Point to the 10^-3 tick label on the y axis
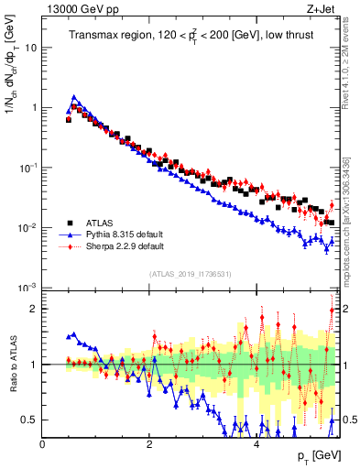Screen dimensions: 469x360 point(27,288)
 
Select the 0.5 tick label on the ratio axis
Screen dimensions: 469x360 point(28,420)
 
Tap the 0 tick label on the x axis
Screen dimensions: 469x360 point(43,443)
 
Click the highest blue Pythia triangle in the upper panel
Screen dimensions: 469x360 point(74,96)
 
